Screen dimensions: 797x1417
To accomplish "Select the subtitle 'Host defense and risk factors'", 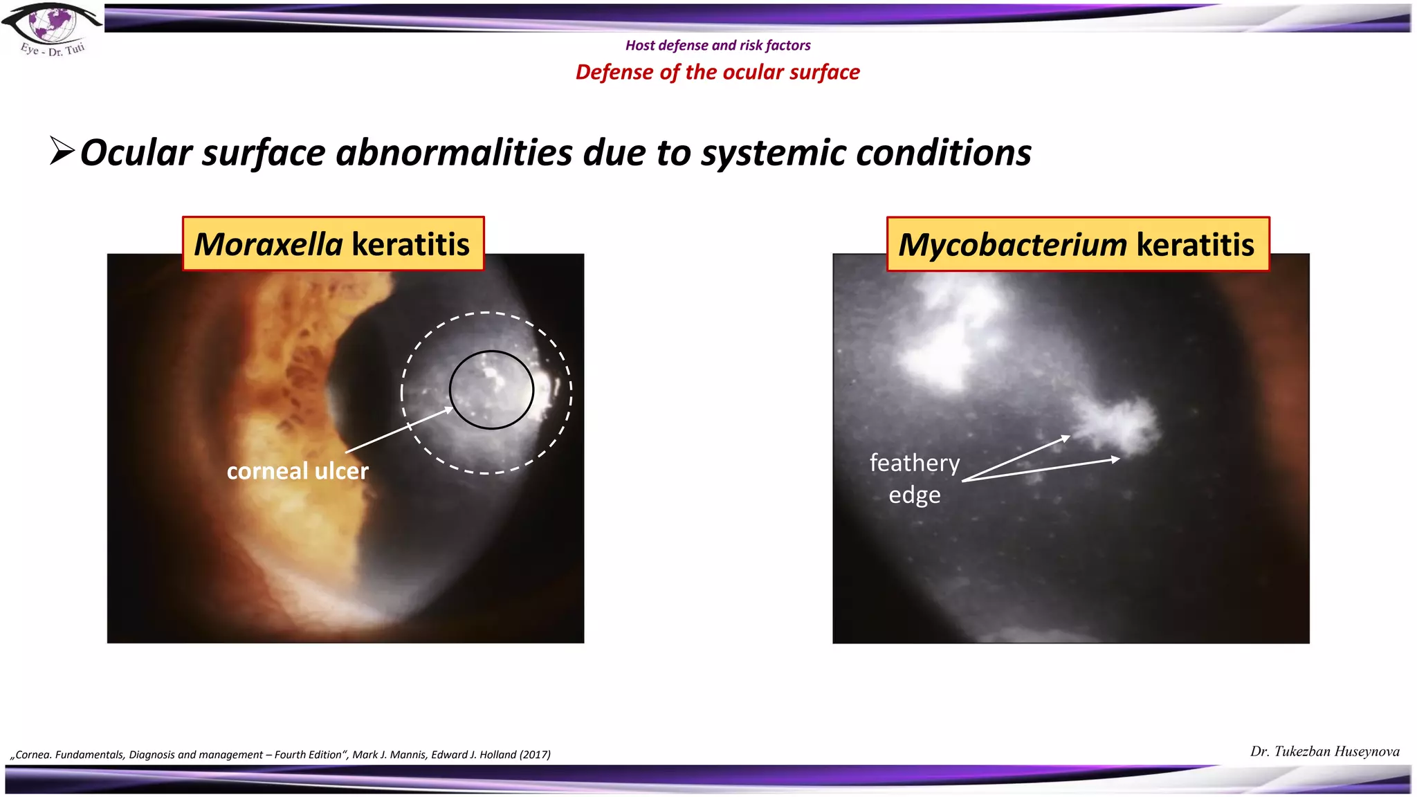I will pos(717,46).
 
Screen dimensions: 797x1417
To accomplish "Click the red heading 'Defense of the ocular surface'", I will pos(717,72).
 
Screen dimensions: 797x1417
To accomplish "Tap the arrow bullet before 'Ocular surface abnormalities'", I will pos(62,151).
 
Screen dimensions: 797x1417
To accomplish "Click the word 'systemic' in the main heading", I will pos(773,153).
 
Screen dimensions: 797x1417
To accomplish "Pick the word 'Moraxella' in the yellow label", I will pos(268,244).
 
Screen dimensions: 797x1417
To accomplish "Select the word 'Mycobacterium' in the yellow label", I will pos(1012,245).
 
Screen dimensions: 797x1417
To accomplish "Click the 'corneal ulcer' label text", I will pos(298,471).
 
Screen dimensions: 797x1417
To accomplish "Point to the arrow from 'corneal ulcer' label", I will pos(399,430).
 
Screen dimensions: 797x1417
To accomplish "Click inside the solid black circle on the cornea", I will pos(491,390).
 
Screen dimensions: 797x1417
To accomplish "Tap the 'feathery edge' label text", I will pos(914,478).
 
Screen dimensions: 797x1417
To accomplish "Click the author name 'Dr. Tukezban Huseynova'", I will pos(1324,751).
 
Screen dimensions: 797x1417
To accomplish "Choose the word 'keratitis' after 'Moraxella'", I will pos(410,244).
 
